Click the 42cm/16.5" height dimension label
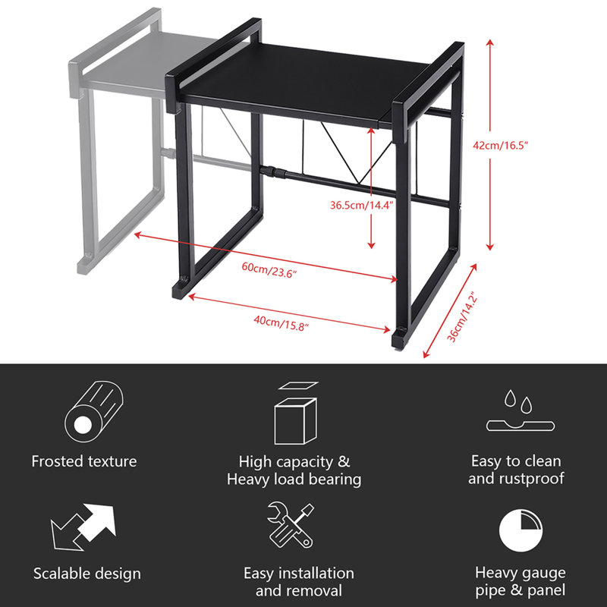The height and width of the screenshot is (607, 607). (x=500, y=146)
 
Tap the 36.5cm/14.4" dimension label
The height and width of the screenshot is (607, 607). (x=362, y=205)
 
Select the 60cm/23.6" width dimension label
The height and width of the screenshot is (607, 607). (x=269, y=269)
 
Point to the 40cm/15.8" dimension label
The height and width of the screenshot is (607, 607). (x=281, y=323)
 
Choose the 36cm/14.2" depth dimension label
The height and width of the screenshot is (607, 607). (x=463, y=319)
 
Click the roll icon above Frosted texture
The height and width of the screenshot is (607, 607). (x=93, y=412)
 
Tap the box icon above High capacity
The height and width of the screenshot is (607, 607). (x=296, y=413)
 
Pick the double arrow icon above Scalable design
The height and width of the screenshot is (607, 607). (x=83, y=527)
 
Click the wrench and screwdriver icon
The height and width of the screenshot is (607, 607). (x=291, y=525)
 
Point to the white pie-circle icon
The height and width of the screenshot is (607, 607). (x=521, y=530)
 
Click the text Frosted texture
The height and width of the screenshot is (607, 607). (x=84, y=461)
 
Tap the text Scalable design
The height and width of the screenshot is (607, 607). (x=87, y=574)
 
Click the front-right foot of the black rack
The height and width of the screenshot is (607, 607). (x=401, y=339)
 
